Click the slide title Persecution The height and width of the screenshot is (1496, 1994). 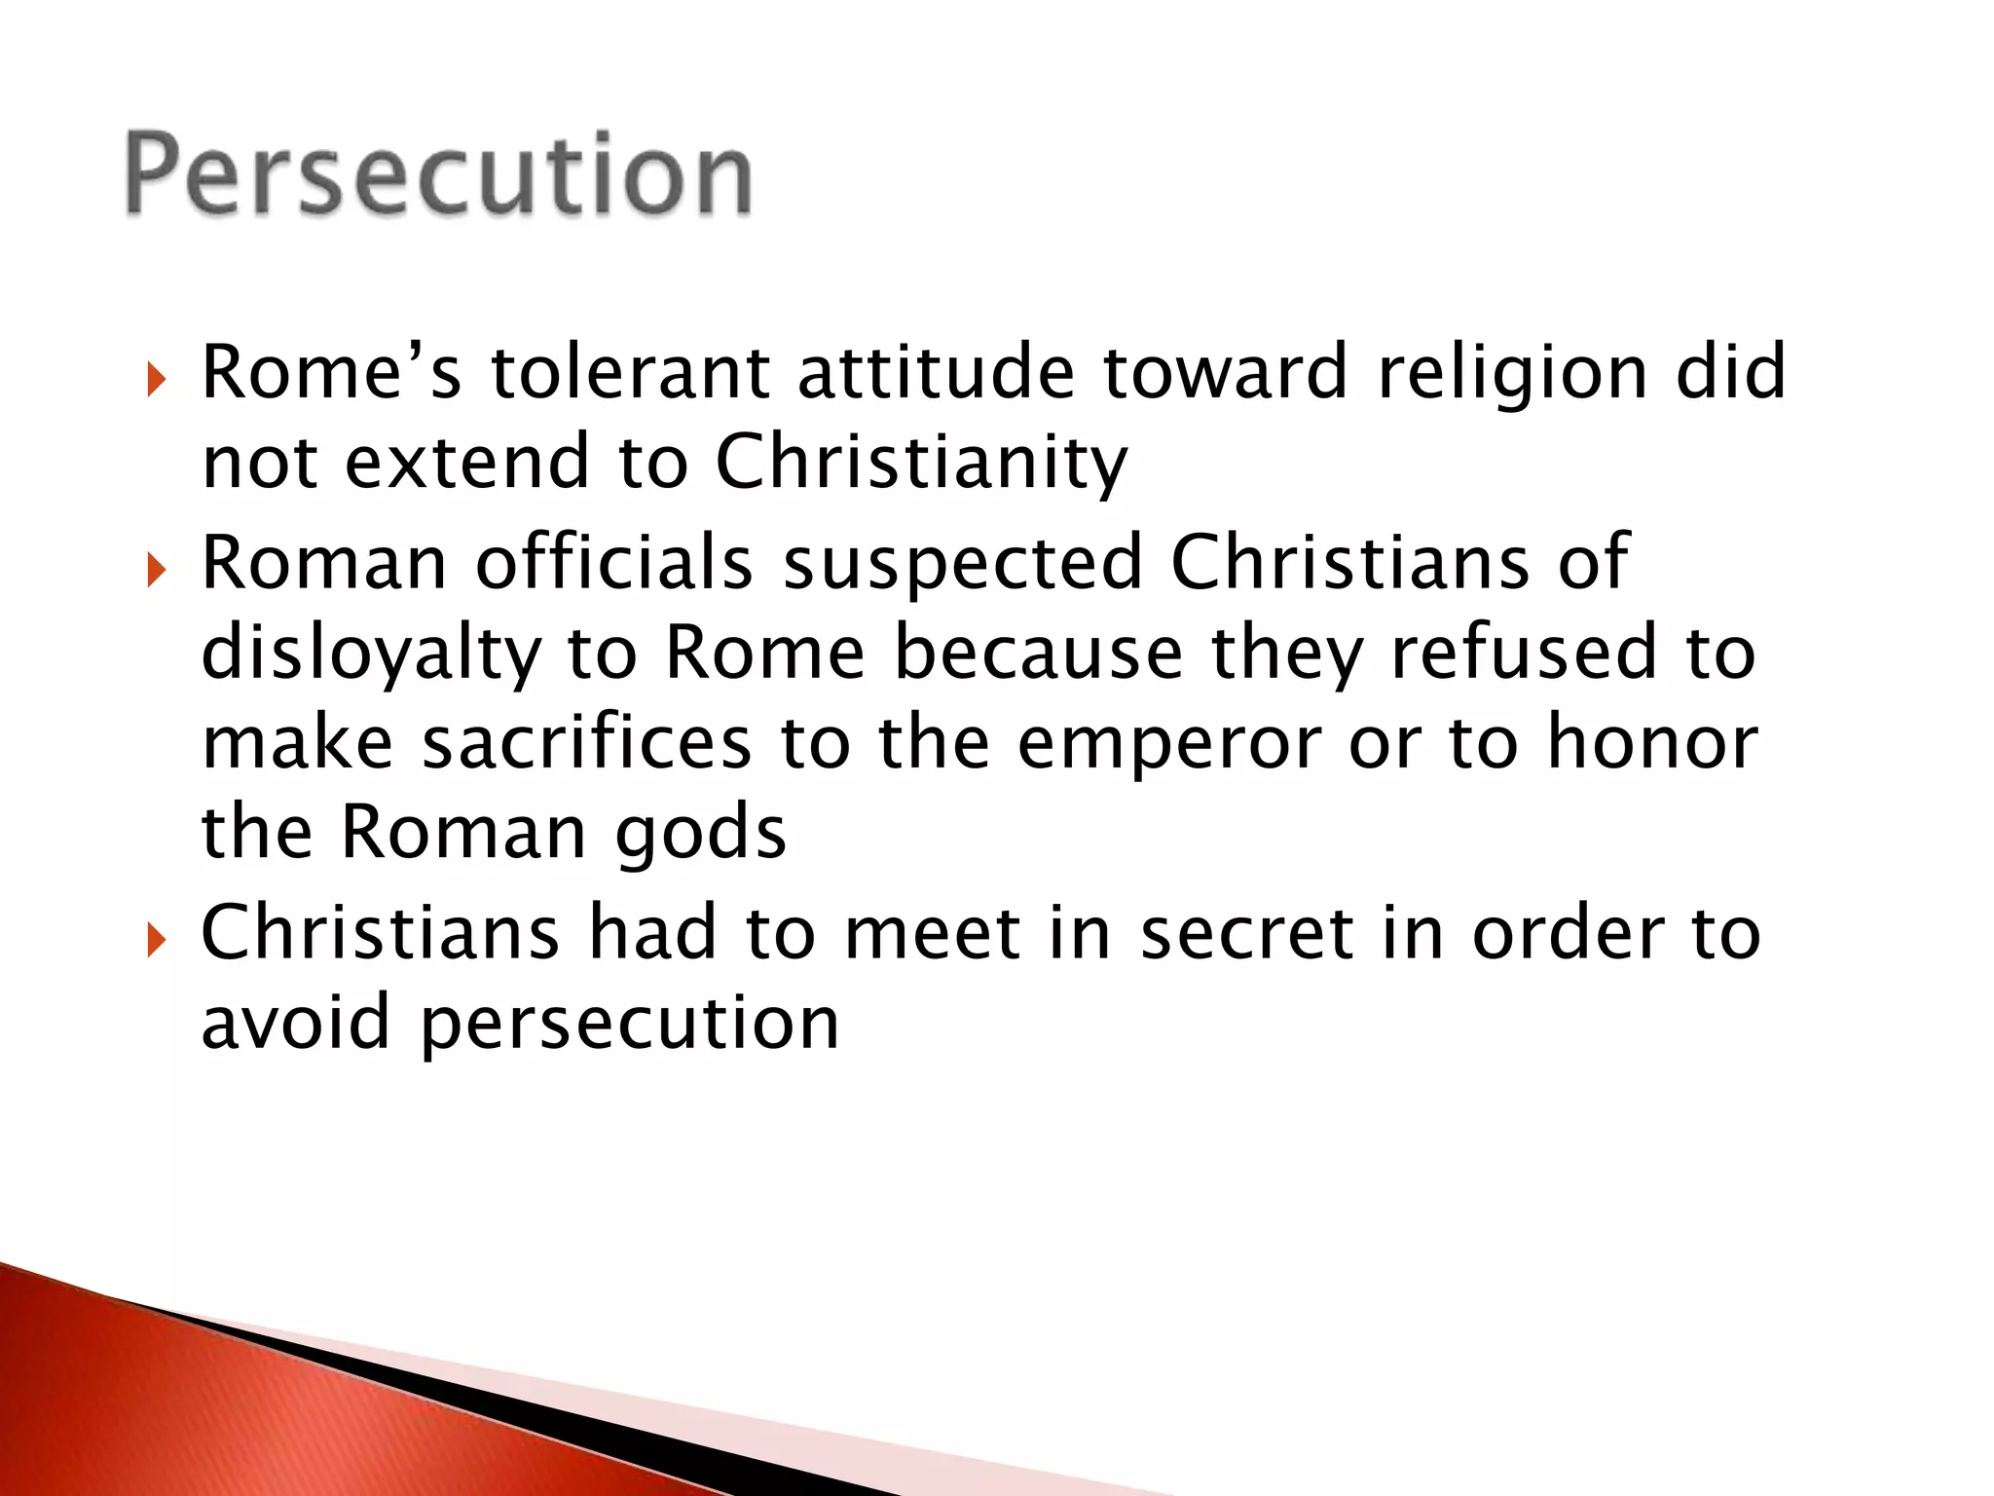438,175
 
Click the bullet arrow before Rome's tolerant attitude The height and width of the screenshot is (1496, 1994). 157,380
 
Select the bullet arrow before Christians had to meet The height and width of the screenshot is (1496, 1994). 157,941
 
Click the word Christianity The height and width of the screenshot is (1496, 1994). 921,464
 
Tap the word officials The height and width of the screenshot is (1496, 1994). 614,563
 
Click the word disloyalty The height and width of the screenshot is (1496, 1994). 371,654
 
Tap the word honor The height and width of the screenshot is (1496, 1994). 1652,743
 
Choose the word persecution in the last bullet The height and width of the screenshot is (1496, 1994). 630,1026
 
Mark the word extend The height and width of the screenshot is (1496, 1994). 467,462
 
